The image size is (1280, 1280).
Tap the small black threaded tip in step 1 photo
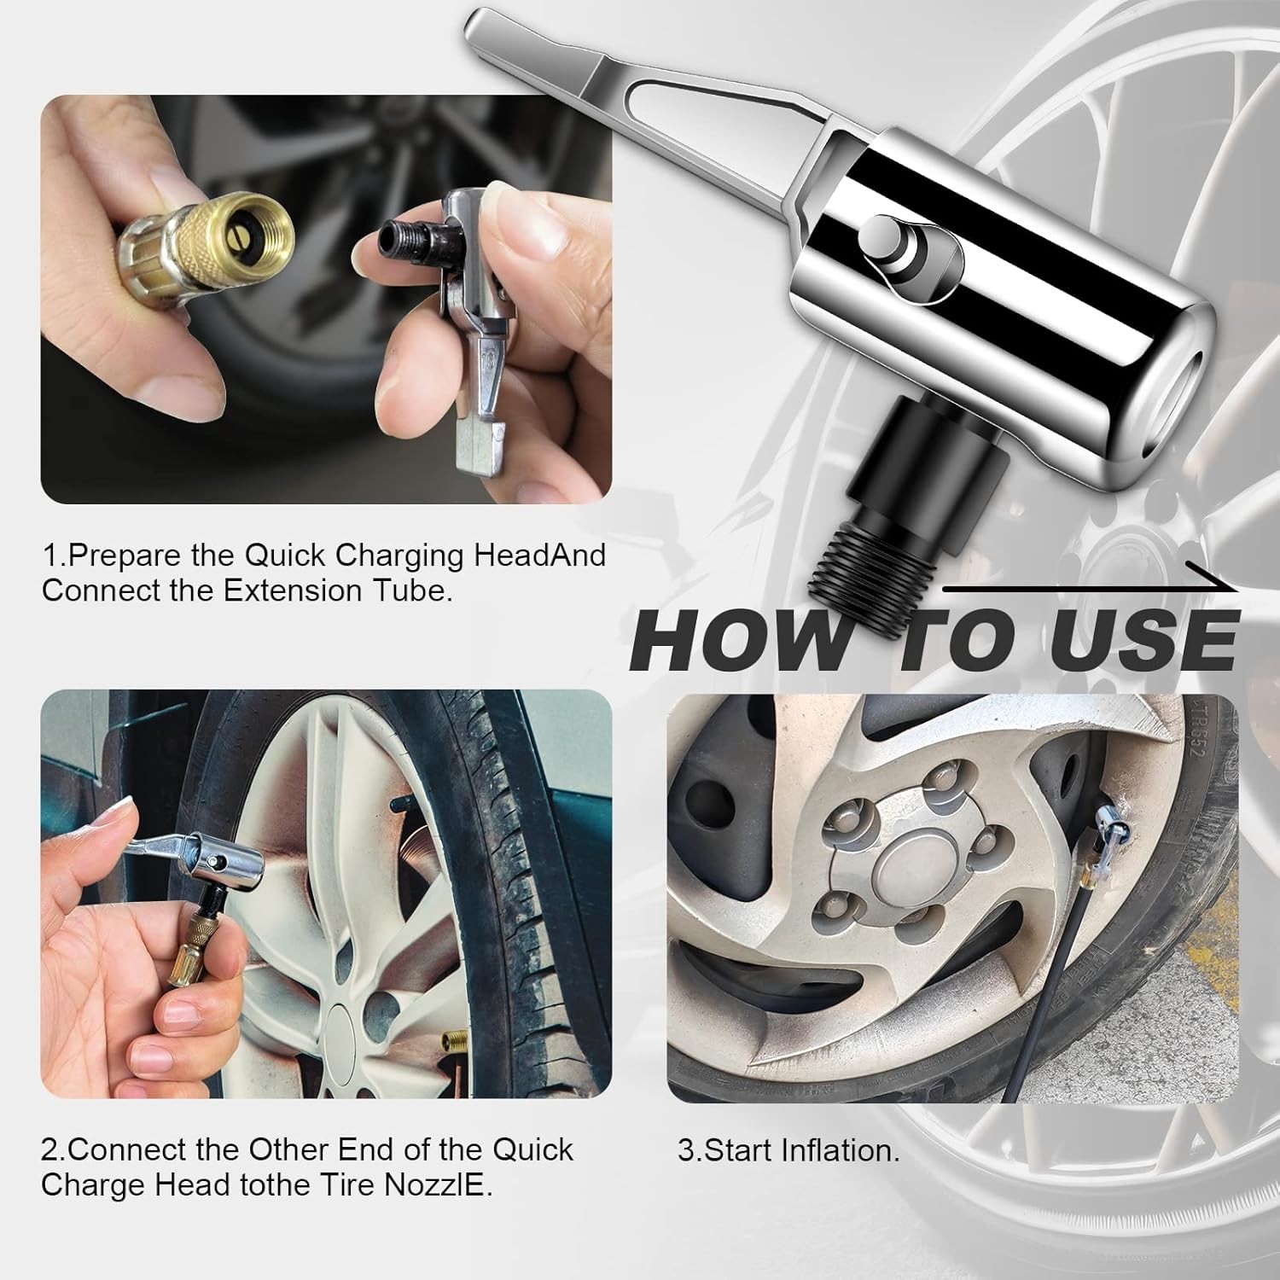tap(398, 233)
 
